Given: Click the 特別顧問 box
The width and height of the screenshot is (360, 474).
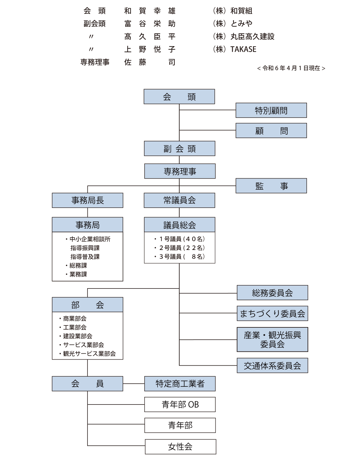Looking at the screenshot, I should pyautogui.click(x=271, y=111).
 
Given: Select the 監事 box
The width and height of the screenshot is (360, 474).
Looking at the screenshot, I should pyautogui.click(x=271, y=186).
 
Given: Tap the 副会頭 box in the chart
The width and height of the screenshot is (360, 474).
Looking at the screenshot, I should pyautogui.click(x=179, y=149).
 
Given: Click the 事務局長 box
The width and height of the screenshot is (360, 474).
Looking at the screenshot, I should pyautogui.click(x=87, y=200).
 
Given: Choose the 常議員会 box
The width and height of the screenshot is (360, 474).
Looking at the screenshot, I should pyautogui.click(x=179, y=200).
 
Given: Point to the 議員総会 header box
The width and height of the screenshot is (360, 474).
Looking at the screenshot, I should pyautogui.click(x=179, y=225).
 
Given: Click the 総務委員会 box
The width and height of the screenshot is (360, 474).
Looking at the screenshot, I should pyautogui.click(x=272, y=293).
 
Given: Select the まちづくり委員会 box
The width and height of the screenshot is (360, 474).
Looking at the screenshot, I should pyautogui.click(x=272, y=313).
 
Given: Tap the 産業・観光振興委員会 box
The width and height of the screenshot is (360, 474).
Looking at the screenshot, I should pyautogui.click(x=272, y=340).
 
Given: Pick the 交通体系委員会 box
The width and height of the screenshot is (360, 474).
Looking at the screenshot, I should pyautogui.click(x=272, y=366).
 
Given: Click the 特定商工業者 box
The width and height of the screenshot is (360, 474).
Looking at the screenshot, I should pyautogui.click(x=180, y=384).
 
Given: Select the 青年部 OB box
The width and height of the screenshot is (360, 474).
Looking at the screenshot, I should pyautogui.click(x=180, y=404).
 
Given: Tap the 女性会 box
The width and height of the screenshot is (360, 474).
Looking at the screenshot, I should pyautogui.click(x=180, y=447).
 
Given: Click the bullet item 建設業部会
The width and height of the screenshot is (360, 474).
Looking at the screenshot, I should pyautogui.click(x=77, y=336).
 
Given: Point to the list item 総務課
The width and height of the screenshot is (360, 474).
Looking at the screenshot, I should pyautogui.click(x=78, y=265).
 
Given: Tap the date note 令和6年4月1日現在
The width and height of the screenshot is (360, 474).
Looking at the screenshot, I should pyautogui.click(x=291, y=68).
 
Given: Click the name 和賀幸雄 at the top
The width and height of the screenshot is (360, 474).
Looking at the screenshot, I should pyautogui.click(x=149, y=11).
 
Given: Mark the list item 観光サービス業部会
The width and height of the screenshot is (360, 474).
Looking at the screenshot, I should pyautogui.click(x=89, y=354).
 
